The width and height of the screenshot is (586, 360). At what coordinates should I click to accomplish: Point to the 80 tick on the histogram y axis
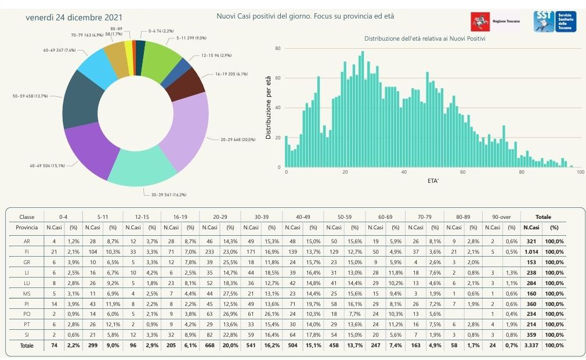278,48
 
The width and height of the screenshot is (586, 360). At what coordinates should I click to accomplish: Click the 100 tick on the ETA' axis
580,174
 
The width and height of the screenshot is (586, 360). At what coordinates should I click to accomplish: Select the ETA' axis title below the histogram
432,182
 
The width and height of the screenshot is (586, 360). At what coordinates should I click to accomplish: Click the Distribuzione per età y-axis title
269,111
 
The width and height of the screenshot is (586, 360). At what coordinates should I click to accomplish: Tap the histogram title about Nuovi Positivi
425,38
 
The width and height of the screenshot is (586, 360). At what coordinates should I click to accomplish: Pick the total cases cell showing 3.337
530,345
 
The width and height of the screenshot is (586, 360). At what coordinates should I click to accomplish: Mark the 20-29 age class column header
220,217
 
